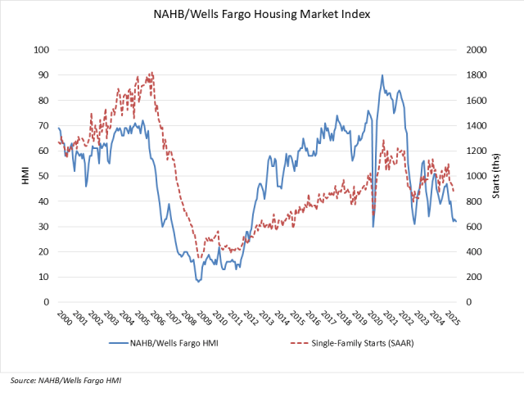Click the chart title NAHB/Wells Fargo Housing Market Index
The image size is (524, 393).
click(262, 14)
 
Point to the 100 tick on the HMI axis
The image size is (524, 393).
click(38, 50)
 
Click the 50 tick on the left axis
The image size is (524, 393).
click(41, 176)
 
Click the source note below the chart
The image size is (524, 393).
click(66, 381)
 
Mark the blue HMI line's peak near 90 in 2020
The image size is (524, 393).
click(382, 75)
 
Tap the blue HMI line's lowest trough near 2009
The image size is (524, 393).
click(198, 282)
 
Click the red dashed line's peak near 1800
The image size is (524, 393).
click(152, 73)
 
